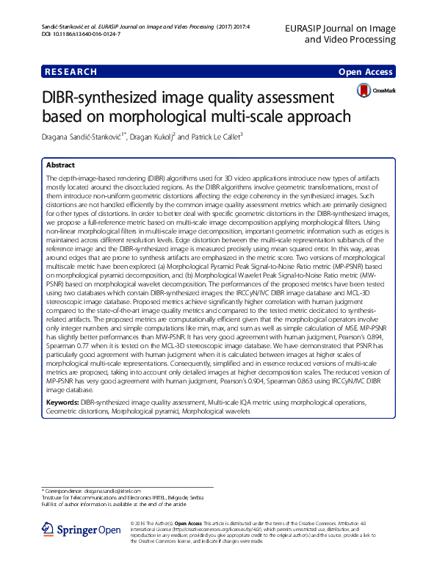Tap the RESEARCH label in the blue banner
tap(71, 72)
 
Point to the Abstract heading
tap(60, 166)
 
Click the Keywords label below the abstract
tap(62, 403)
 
